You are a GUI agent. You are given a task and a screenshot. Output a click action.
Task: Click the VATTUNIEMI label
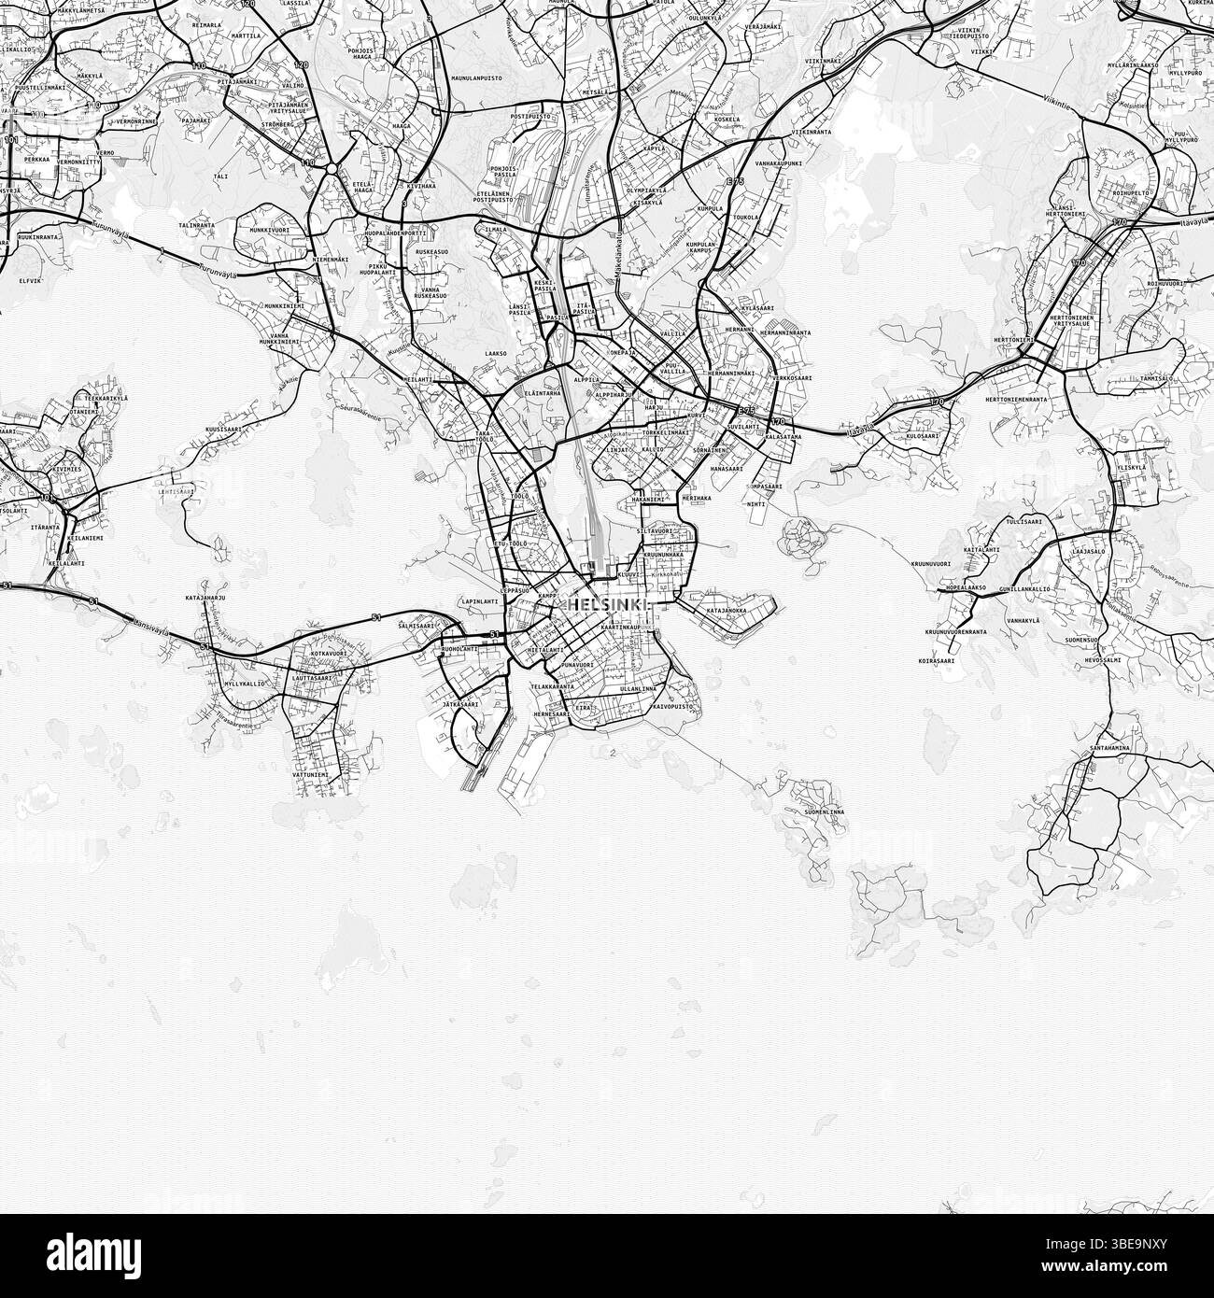[310, 774]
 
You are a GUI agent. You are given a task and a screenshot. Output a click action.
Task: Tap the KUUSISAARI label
[224, 429]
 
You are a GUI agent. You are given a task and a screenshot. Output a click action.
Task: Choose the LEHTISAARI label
[176, 490]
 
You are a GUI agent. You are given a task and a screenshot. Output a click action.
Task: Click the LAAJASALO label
[1089, 551]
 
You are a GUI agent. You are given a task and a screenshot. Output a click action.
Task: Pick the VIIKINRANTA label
[812, 133]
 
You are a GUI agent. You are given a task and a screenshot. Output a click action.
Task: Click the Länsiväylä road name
[150, 630]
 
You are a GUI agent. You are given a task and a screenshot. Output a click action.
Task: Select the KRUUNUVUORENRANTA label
[956, 632]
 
